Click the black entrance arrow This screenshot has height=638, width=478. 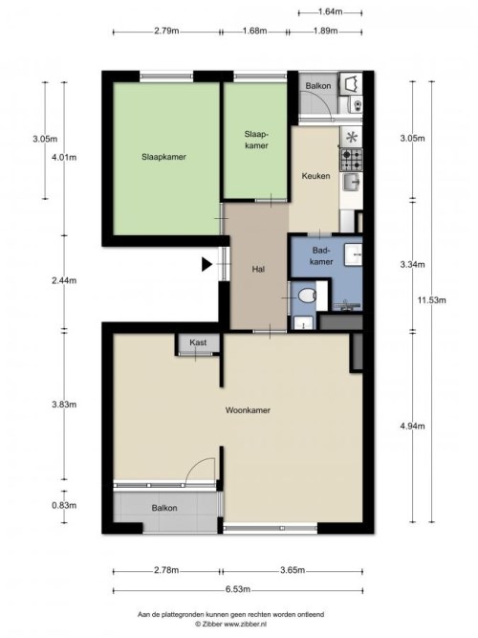pos(206,264)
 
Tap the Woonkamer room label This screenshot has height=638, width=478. pos(248,410)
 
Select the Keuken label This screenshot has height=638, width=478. pos(315,176)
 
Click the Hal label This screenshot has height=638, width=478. pos(258,269)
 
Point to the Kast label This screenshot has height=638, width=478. pos(198,342)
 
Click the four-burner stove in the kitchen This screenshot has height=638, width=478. pos(351,160)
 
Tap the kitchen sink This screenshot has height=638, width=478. pos(352,182)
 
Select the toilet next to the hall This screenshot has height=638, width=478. pos(307,295)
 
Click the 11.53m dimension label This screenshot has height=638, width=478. pos(431,300)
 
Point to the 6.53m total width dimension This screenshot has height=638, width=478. pos(238,589)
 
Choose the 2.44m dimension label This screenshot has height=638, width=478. pos(64,280)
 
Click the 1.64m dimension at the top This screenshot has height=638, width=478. pos(330,11)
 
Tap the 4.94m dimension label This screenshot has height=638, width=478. pos(412,426)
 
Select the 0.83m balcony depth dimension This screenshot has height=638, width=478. pos(64,505)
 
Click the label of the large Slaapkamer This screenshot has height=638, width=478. pos(163,157)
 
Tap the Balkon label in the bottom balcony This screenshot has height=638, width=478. pos(164,508)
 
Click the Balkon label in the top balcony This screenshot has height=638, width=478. pos(318,86)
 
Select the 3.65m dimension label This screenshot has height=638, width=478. pos(293,570)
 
